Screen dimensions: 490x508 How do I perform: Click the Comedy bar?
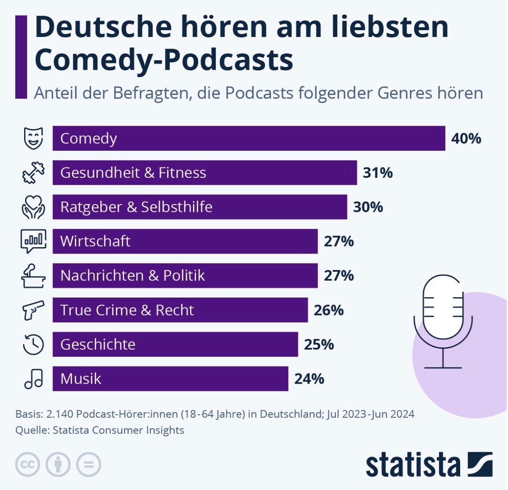[249, 138]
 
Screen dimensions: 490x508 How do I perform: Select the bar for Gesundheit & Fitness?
[205, 173]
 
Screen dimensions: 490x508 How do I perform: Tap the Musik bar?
[170, 379]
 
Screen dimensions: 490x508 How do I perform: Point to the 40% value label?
[466, 139]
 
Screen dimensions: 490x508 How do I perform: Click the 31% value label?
[378, 173]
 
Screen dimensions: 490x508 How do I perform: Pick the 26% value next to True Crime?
[329, 310]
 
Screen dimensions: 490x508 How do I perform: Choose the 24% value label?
[309, 379]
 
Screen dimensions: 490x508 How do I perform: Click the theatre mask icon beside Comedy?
[34, 138]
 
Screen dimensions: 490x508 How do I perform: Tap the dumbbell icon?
[34, 172]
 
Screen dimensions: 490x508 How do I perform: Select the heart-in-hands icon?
[34, 207]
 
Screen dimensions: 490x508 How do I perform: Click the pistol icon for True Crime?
[34, 310]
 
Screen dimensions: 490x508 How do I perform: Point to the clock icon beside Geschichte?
[34, 344]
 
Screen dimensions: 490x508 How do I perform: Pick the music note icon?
[34, 379]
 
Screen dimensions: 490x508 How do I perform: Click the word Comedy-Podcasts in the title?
[164, 60]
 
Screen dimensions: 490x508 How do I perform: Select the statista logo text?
[413, 465]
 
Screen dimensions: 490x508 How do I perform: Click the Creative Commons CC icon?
[28, 465]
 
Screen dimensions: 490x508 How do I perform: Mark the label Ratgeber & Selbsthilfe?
[136, 207]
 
